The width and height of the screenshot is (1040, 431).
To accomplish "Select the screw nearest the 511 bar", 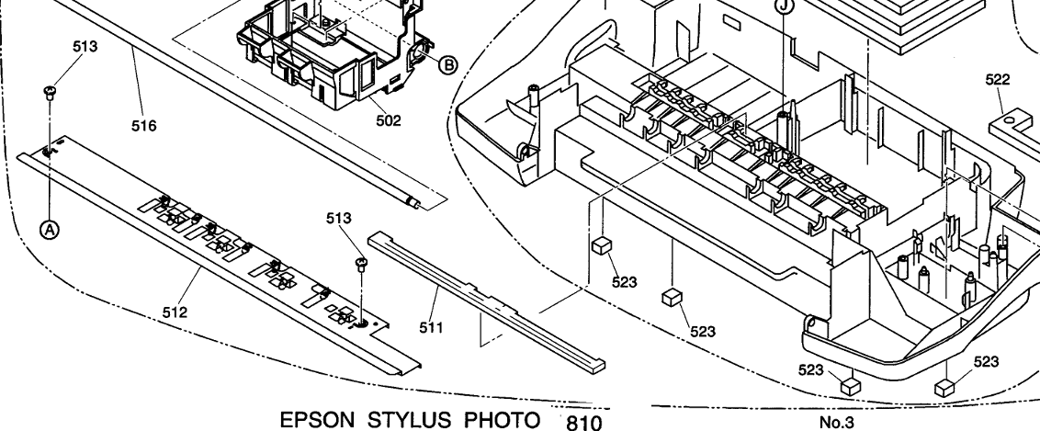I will pos(361,267).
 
